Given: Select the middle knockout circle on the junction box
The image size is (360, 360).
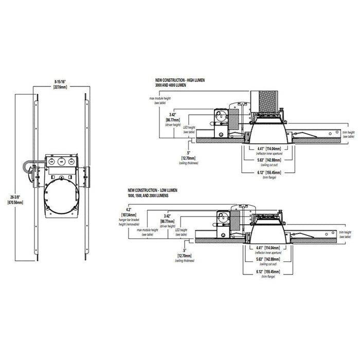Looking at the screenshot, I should point(61,160).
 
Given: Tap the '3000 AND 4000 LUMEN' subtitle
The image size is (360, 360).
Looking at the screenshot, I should point(171,85).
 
